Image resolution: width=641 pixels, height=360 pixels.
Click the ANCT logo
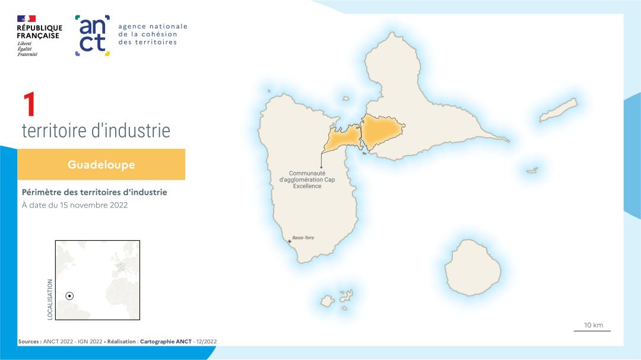coord(93,36)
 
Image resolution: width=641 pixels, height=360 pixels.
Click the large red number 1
coord(29,105)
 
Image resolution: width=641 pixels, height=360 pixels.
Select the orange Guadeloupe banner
coord(101,164)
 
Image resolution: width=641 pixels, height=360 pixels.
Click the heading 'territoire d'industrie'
coord(96,130)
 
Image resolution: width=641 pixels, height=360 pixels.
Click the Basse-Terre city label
coord(303,238)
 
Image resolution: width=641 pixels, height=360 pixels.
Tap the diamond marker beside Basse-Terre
coord(290,241)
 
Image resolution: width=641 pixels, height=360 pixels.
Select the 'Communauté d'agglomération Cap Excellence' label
coord(307,179)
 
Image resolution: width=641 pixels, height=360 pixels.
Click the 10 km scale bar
coord(592,330)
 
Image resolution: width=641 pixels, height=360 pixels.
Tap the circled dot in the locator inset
coord(69,295)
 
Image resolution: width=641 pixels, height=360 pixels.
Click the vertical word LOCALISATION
coord(50,300)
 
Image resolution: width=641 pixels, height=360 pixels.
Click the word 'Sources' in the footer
coord(28,342)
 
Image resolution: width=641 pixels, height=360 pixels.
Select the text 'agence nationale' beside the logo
coord(153,26)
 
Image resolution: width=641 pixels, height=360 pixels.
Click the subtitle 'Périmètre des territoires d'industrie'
coord(94,192)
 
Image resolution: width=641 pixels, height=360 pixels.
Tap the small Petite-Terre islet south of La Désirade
coord(532,171)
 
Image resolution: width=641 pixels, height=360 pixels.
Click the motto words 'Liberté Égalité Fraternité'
coord(27,49)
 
